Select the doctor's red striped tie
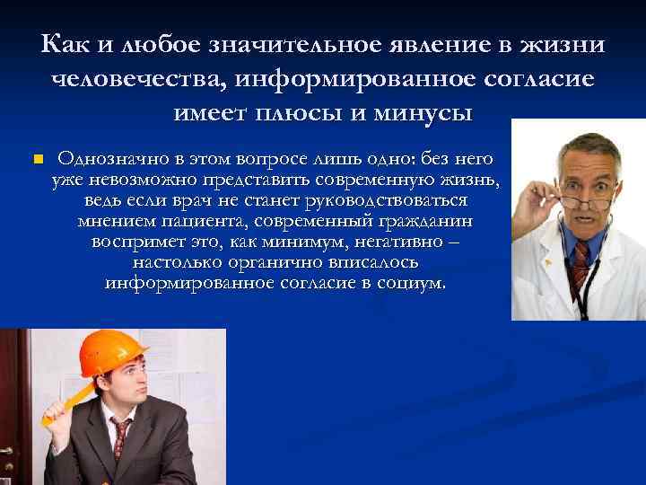click(x=580, y=264)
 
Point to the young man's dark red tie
click(x=119, y=441)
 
